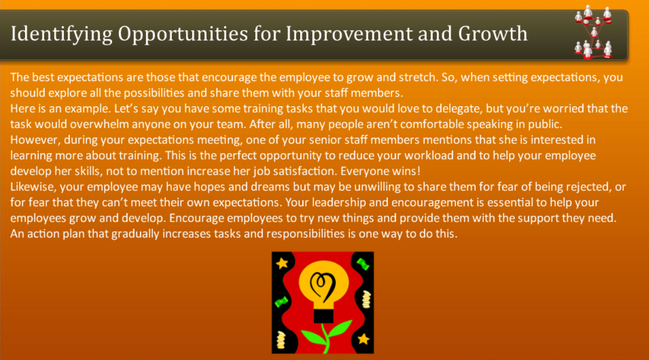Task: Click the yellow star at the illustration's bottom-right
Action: point(363,339)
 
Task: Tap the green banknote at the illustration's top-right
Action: point(363,263)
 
